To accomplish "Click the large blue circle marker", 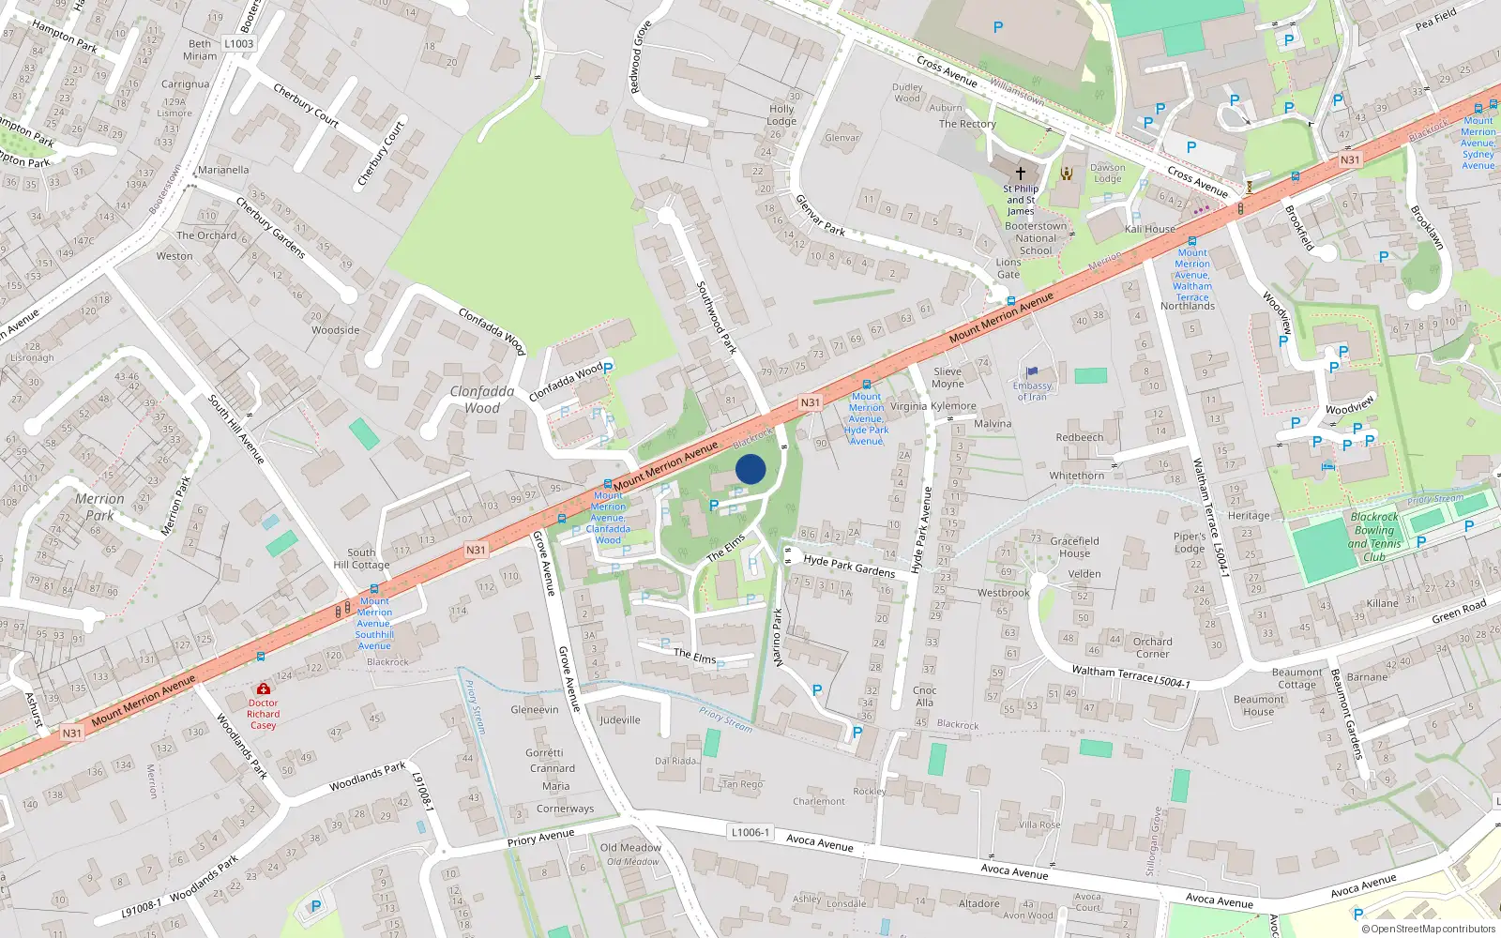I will click(x=750, y=469).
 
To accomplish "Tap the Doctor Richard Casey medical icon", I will click(x=264, y=689).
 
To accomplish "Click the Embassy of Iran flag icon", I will click(x=1032, y=371).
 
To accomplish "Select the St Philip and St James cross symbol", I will click(x=1021, y=174).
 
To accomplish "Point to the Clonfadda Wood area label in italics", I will click(x=481, y=400).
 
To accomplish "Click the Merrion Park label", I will click(x=99, y=507).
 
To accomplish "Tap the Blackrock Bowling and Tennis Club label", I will click(x=1374, y=537).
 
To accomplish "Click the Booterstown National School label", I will click(x=1036, y=238).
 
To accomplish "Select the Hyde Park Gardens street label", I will click(x=849, y=566).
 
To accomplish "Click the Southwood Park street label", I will click(x=716, y=317).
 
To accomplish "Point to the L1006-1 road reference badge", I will click(x=750, y=832).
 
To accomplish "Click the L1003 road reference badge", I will click(x=238, y=43).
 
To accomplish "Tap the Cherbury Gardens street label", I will click(x=270, y=228).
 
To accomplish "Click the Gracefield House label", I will click(x=1074, y=547).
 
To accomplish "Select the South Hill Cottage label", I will click(x=361, y=558).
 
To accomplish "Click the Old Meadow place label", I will click(x=630, y=848).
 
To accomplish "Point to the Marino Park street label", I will click(x=777, y=638).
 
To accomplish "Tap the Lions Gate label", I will click(x=1008, y=268).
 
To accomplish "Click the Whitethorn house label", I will click(x=1076, y=476).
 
